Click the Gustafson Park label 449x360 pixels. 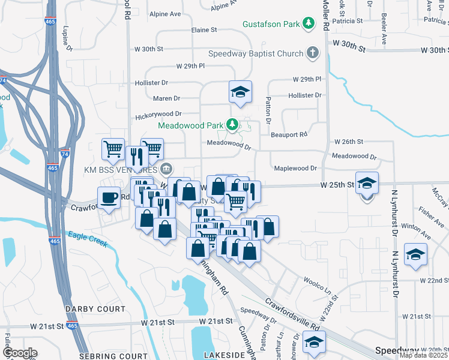(x=271, y=24)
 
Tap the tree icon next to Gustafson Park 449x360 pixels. (x=308, y=23)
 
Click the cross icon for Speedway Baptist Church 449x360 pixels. (x=312, y=53)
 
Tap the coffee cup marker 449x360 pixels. (x=109, y=197)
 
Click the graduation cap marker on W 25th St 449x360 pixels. (x=366, y=182)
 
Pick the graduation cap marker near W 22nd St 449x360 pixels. (x=415, y=254)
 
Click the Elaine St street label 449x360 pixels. (x=203, y=29)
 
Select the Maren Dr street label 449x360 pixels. (x=166, y=98)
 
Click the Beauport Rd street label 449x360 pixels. (x=288, y=134)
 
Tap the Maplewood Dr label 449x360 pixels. (x=295, y=168)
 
